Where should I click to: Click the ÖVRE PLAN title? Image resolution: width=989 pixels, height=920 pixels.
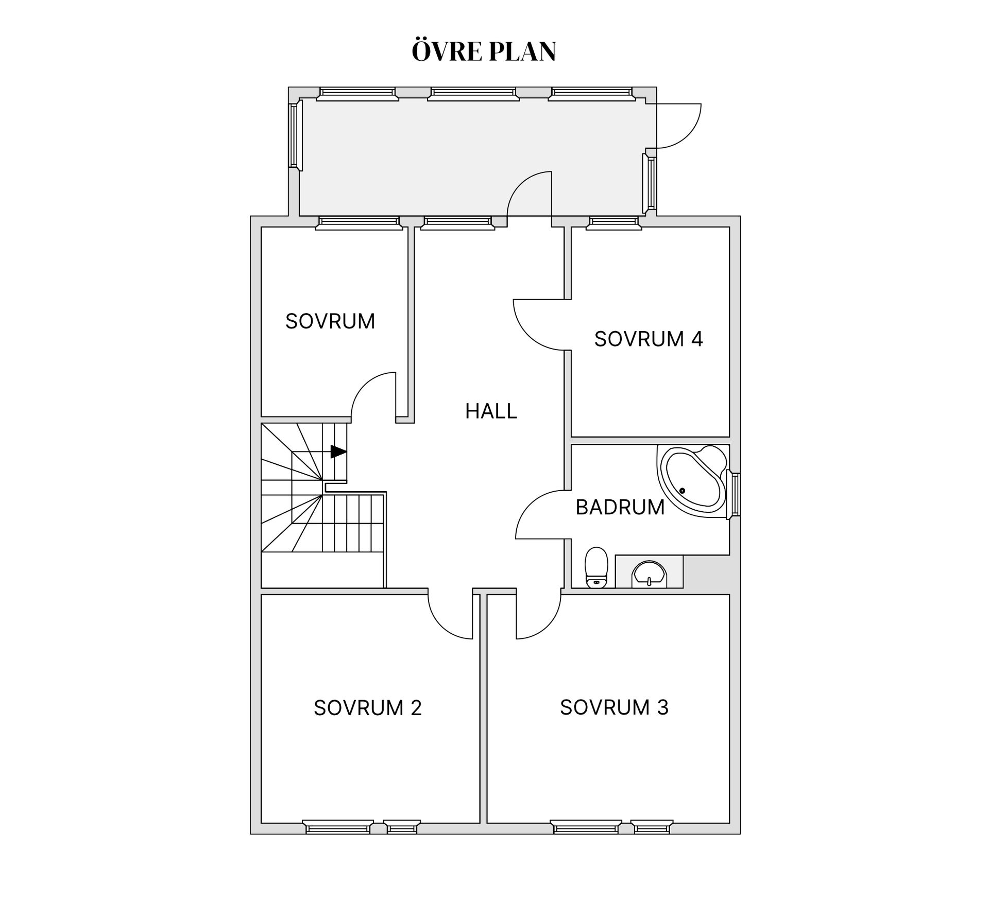pos(484,50)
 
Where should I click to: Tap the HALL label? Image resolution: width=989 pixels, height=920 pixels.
pos(491,411)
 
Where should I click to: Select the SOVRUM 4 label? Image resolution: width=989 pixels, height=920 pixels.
pos(649,339)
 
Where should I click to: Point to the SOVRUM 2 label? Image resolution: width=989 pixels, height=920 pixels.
pos(368,708)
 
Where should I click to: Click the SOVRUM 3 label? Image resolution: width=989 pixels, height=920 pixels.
pos(615,707)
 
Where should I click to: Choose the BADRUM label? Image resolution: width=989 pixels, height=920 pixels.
pos(620,507)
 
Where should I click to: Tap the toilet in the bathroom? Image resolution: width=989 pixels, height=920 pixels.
pos(597,567)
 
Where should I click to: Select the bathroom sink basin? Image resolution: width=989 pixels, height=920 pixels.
pos(650,574)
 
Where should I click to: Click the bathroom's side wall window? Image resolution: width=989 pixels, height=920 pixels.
pos(735,494)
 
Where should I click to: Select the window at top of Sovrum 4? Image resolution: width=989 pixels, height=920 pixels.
pos(614,222)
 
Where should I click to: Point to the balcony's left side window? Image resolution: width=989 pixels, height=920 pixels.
pos(295,135)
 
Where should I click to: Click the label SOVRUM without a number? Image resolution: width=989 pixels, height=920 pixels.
pos(330,321)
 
